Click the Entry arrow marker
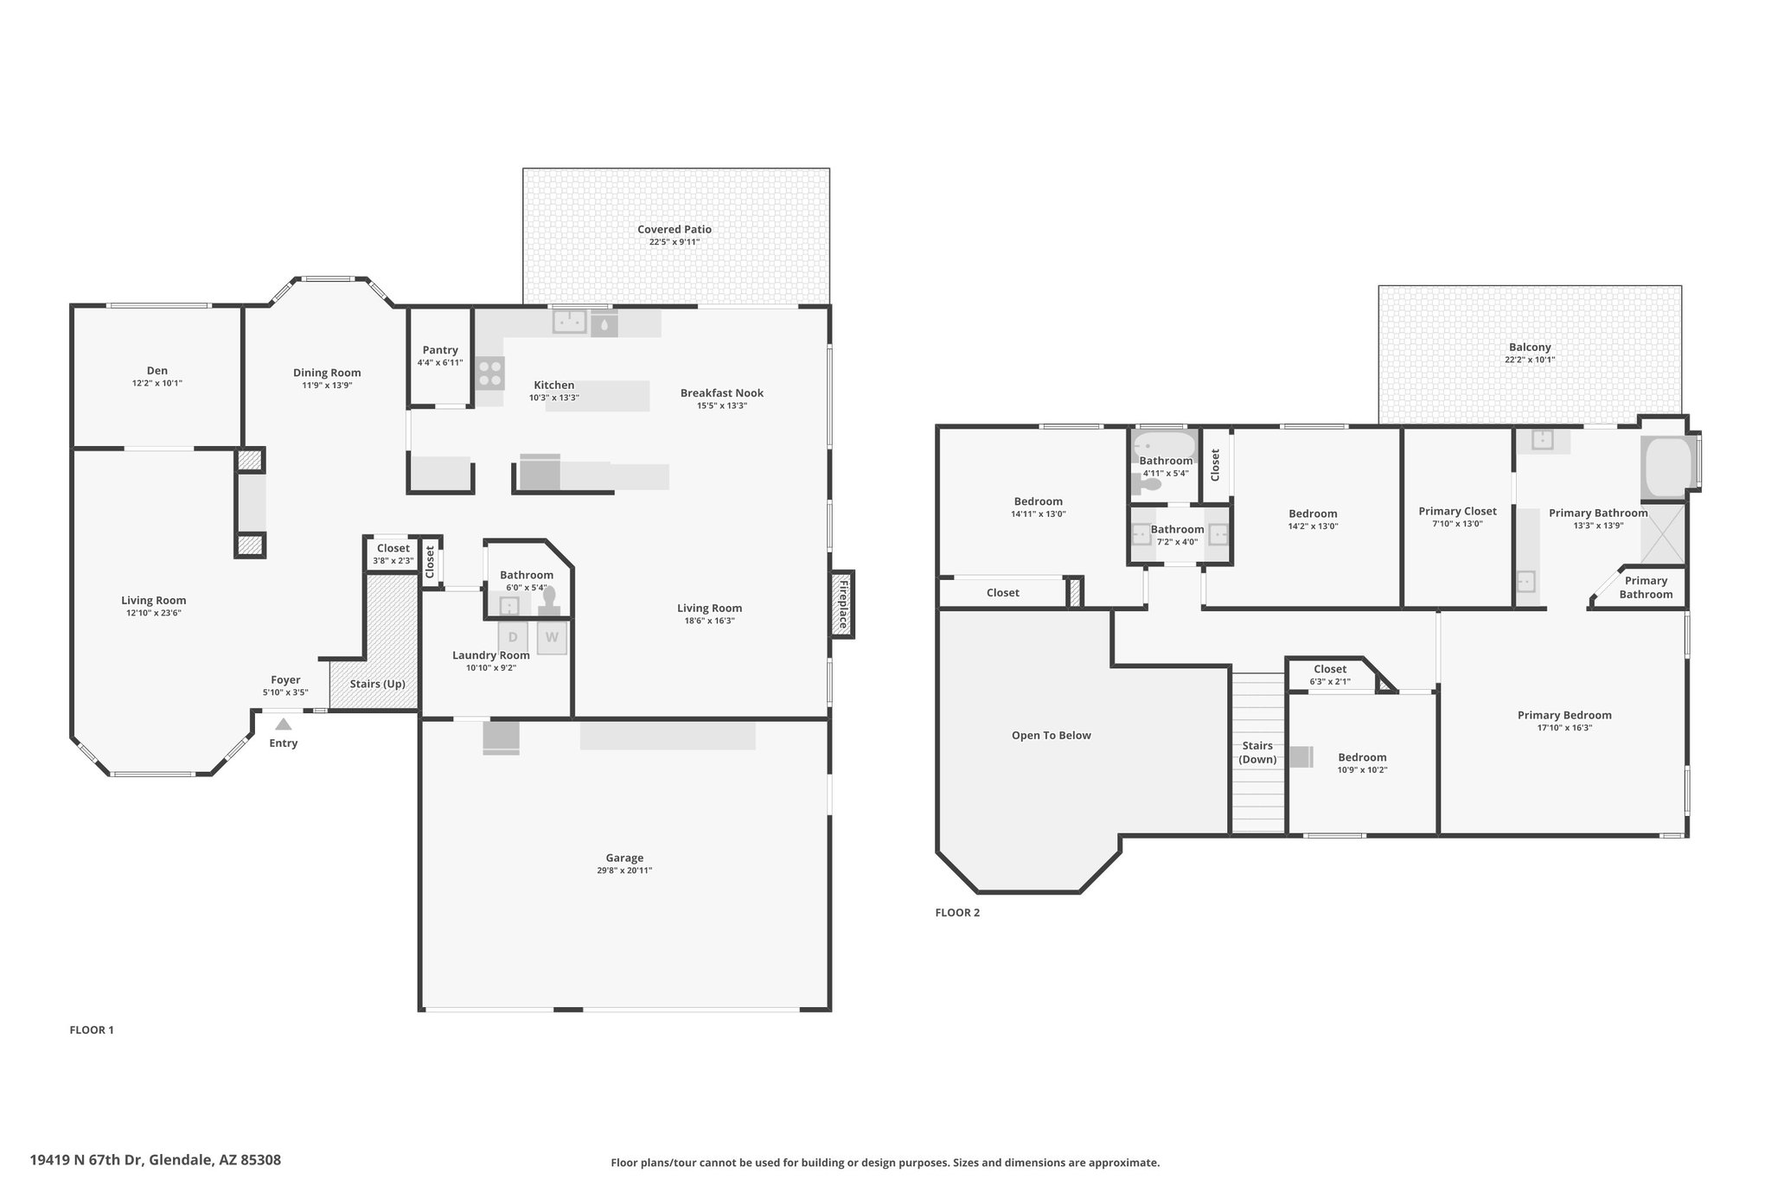[x=284, y=724]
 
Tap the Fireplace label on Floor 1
[x=842, y=604]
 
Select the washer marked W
[x=552, y=638]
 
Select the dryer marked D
[x=513, y=638]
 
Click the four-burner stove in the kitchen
[x=489, y=373]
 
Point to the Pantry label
[x=440, y=350]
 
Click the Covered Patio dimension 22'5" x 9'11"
[x=675, y=242]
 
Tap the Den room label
[x=157, y=370]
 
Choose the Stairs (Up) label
[x=378, y=684]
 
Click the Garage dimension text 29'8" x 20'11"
[x=624, y=871]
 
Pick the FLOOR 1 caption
[x=92, y=1030]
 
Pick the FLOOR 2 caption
[x=957, y=912]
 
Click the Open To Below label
[x=1052, y=736]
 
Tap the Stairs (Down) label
[x=1257, y=752]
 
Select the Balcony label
[x=1530, y=348]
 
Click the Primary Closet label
[x=1457, y=511]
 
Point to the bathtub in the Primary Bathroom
[x=1666, y=468]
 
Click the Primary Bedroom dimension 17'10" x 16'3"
[x=1564, y=728]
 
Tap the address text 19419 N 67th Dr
[x=87, y=1160]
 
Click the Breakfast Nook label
[x=722, y=392]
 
